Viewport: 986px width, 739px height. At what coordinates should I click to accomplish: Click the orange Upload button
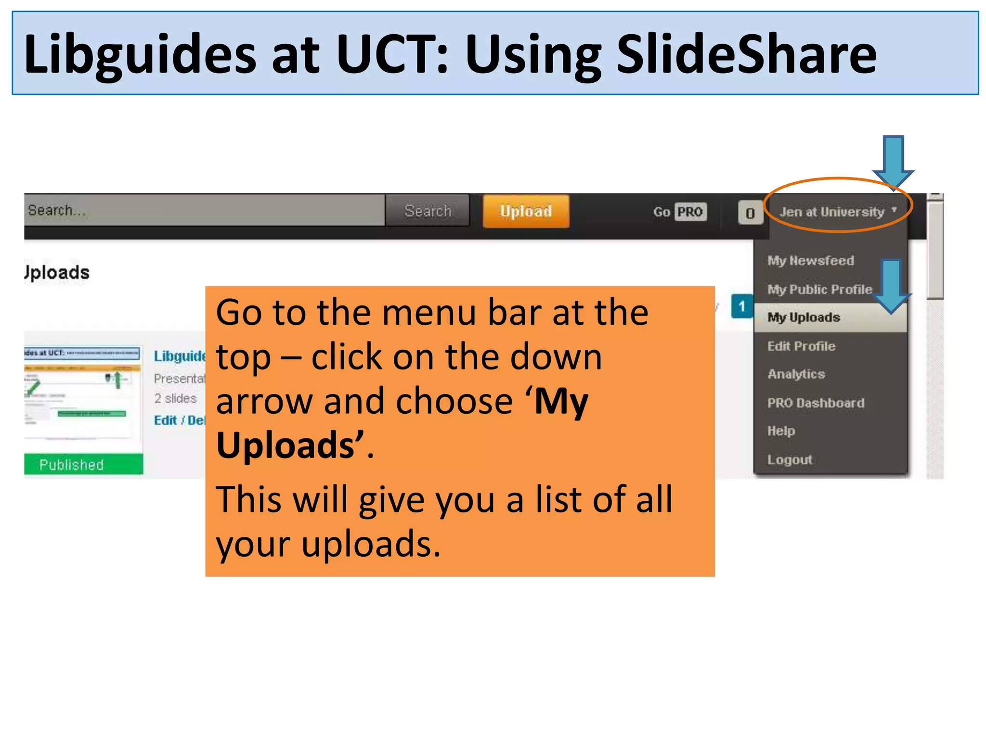(x=526, y=211)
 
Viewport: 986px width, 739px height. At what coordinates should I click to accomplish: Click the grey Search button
(x=428, y=211)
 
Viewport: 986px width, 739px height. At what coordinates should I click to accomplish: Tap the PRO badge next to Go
(x=690, y=212)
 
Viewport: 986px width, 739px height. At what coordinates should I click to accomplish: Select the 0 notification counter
(x=750, y=213)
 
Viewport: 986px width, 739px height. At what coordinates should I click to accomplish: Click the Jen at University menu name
(x=832, y=212)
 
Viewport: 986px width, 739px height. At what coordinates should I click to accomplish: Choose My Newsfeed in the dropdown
(x=811, y=260)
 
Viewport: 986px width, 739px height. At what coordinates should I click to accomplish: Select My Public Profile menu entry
(x=819, y=289)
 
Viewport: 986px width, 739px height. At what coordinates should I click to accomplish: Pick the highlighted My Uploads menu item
(x=804, y=318)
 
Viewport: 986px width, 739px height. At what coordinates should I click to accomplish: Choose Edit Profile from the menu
(x=802, y=346)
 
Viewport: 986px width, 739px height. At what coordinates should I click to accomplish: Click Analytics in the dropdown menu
(x=796, y=374)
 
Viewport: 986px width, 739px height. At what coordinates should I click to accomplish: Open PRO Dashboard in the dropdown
(x=816, y=403)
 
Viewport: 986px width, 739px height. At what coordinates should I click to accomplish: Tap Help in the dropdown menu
(x=781, y=431)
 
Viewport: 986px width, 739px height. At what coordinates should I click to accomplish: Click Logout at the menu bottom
(x=790, y=459)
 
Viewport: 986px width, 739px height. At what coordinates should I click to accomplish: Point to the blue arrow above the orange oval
(x=893, y=161)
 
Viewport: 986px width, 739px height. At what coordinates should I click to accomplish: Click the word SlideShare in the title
(x=746, y=54)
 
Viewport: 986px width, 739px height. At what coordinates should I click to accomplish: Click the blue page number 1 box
(x=742, y=306)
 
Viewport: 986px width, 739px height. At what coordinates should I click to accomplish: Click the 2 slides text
(x=175, y=398)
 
